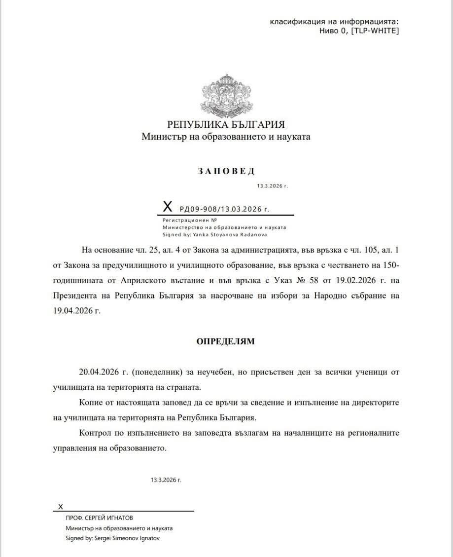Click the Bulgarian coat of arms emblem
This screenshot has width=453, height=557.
pos(226,94)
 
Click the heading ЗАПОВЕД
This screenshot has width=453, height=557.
pos(226,171)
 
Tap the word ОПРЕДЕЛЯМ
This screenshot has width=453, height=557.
pos(226,341)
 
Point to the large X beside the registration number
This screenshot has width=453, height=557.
pos(168,206)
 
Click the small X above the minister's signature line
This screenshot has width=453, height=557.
pos(61,507)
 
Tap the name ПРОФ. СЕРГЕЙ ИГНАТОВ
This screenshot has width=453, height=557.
pos(99,518)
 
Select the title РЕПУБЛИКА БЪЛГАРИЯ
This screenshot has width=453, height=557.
pos(226,124)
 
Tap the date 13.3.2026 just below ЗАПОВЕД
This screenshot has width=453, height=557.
pos(272,186)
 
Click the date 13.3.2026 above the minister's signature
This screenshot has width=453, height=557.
pos(166,480)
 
